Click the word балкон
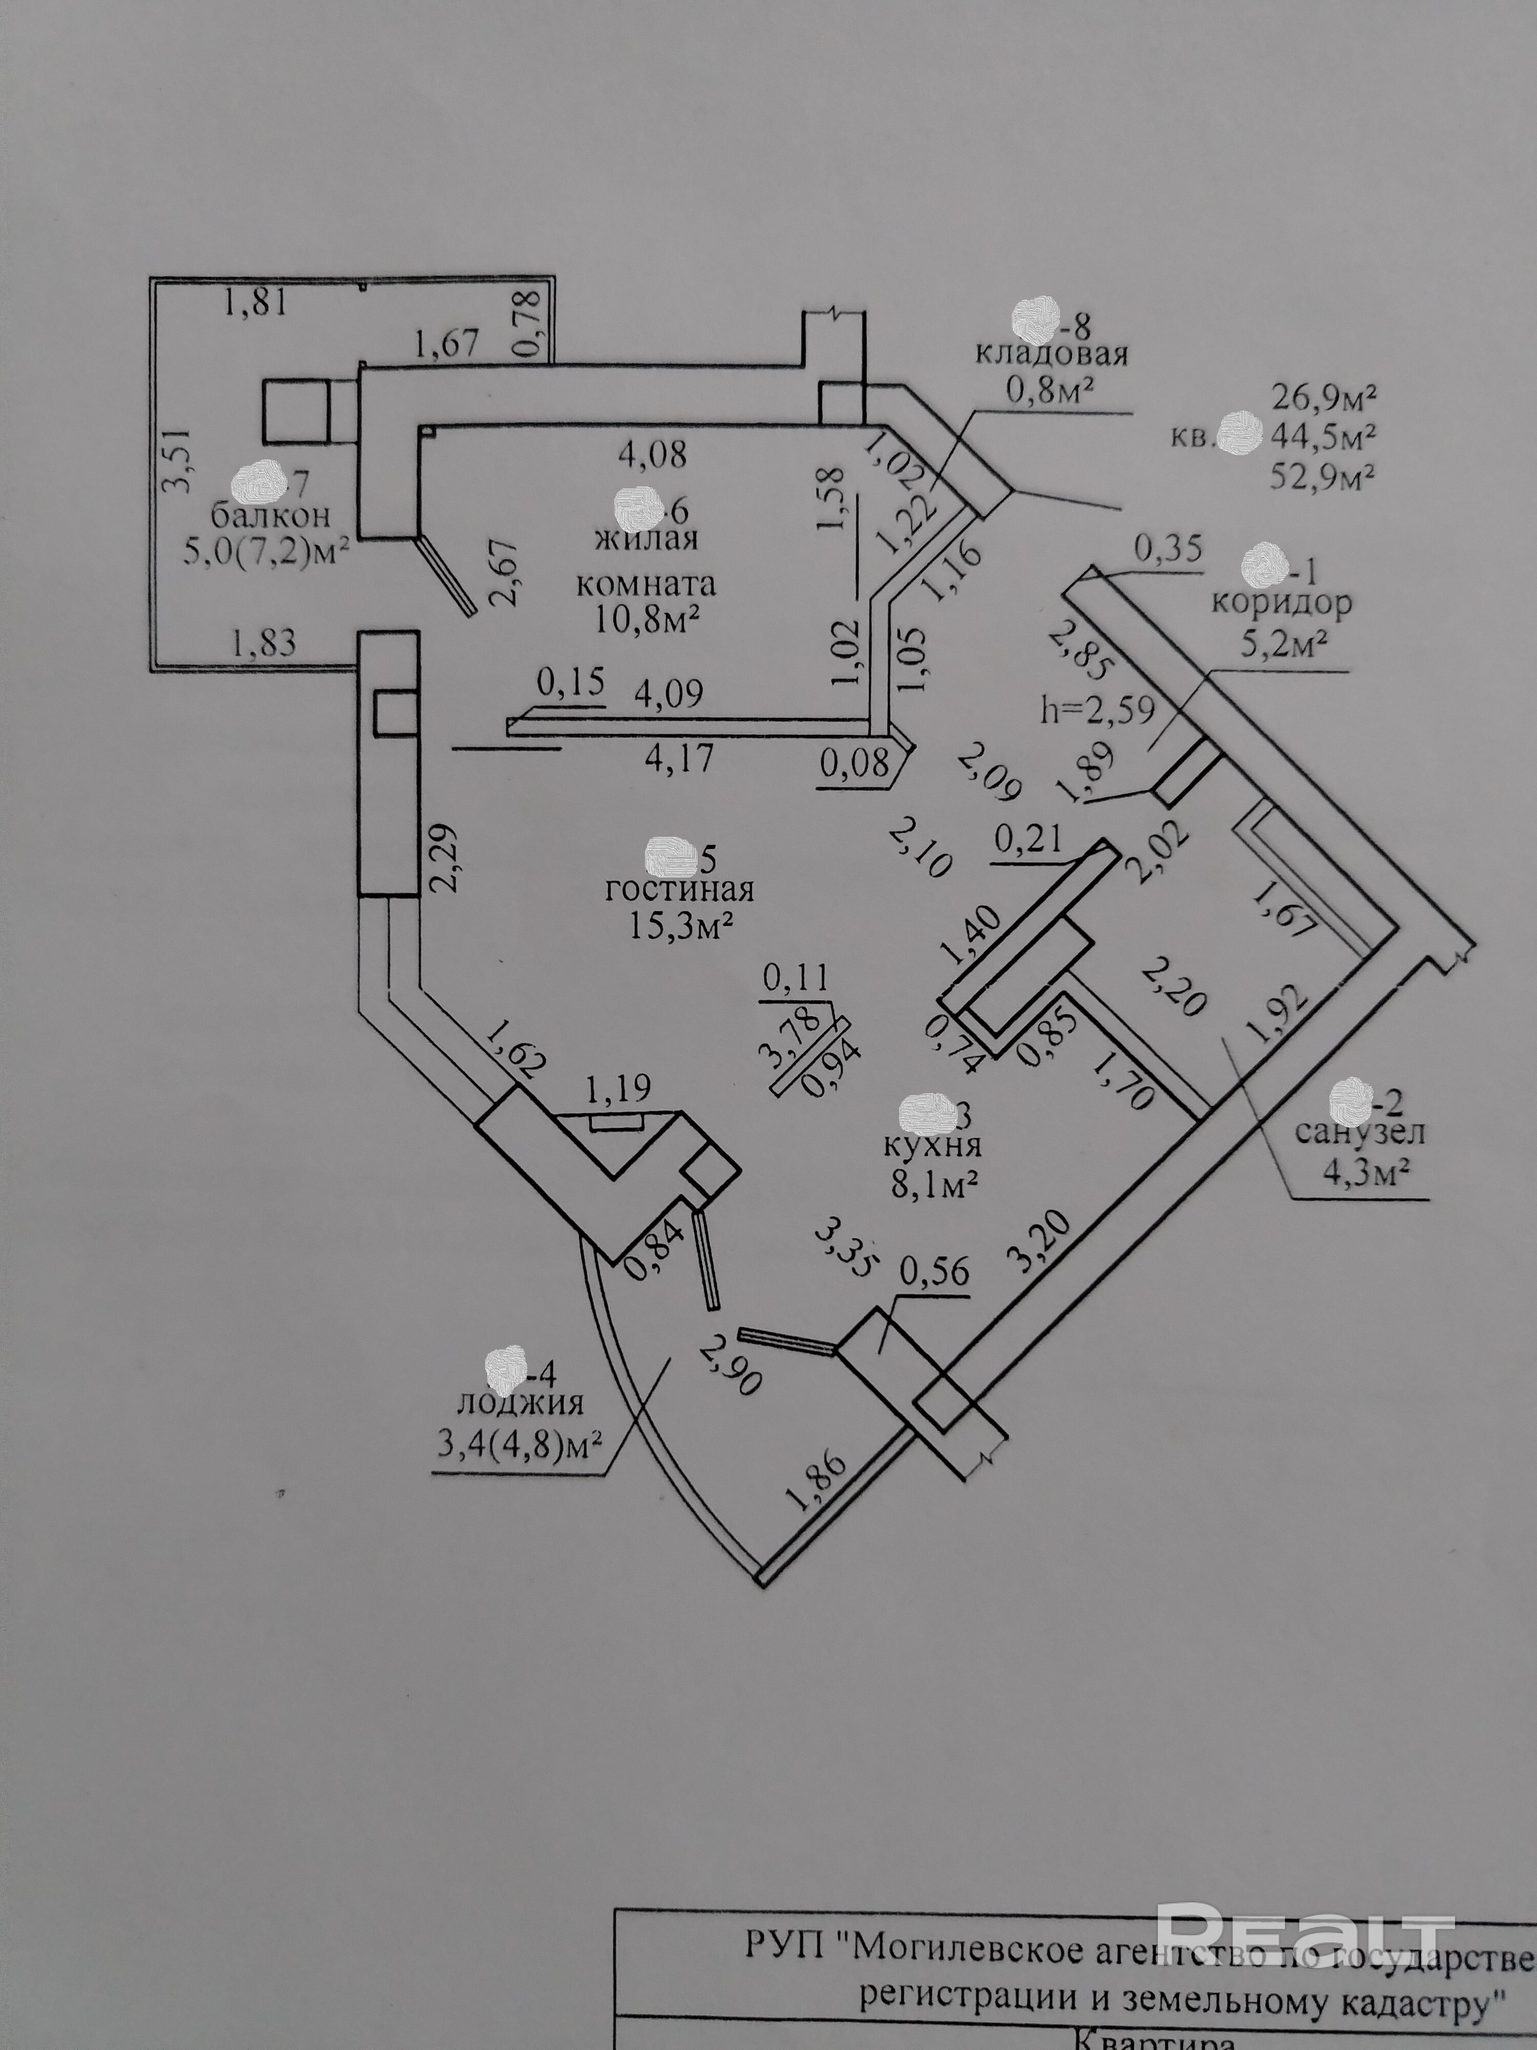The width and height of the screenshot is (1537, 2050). [x=271, y=515]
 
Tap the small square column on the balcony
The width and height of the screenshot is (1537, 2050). [x=297, y=411]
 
